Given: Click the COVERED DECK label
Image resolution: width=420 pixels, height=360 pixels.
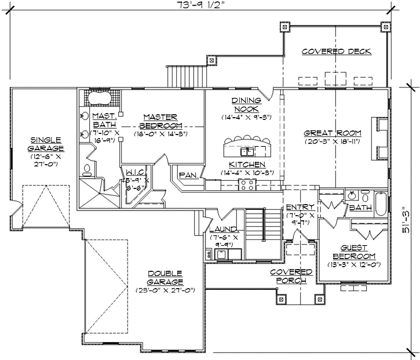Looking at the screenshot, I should pos(336,52).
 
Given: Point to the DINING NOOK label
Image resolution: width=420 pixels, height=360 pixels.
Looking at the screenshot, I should pos(247,104).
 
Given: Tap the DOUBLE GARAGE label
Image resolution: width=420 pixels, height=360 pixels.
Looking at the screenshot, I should pos(165,277).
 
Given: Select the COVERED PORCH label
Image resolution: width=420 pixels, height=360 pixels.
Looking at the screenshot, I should pos(292,276).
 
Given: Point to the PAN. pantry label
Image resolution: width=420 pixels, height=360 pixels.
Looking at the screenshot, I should pos(189,174).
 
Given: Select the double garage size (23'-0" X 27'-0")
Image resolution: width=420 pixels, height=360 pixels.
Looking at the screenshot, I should pos(165,290).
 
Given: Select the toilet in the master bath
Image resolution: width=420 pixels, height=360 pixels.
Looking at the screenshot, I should pos(87,169).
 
